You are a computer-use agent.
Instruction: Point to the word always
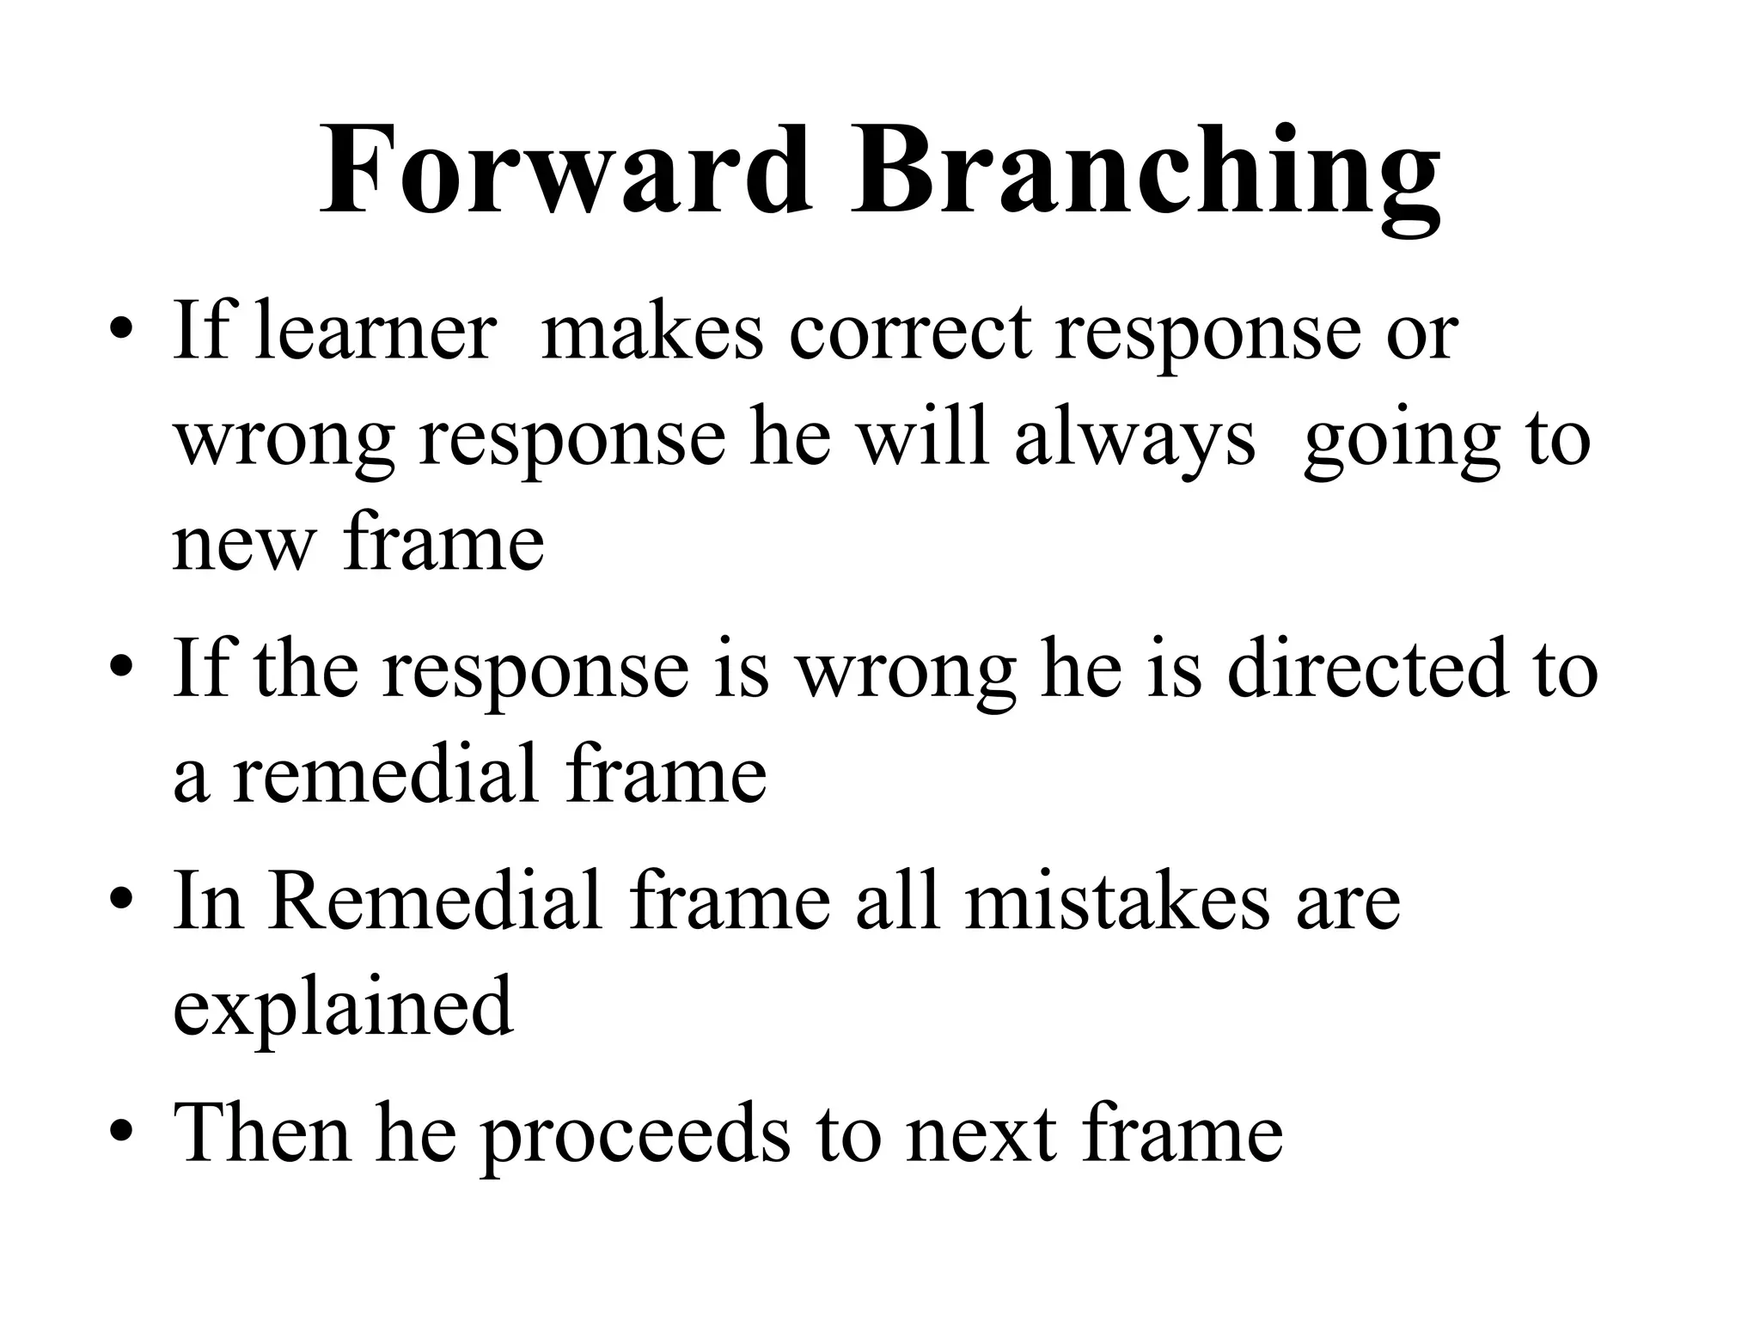(x=1134, y=441)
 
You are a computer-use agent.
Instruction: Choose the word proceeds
(x=634, y=1135)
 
